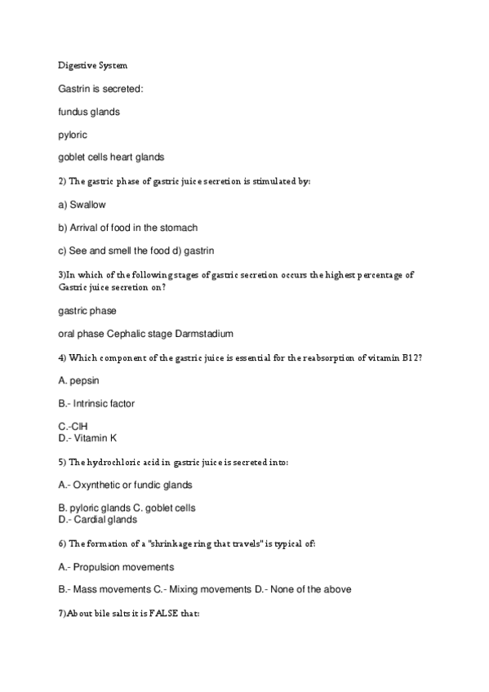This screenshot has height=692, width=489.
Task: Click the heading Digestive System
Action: coord(92,64)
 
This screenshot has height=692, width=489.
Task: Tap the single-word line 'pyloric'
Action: coord(73,135)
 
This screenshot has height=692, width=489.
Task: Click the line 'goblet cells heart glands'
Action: coord(111,157)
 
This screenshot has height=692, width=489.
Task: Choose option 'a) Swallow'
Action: coord(82,205)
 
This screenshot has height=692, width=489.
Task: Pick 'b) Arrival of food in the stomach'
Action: coord(128,228)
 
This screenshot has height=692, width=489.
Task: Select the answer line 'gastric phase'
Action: coord(87,311)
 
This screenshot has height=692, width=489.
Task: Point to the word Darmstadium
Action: coord(204,334)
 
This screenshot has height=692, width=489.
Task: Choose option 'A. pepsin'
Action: coord(80,380)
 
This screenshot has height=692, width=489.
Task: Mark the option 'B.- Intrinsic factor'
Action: coord(96,403)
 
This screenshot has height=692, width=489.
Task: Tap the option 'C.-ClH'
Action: coord(73,427)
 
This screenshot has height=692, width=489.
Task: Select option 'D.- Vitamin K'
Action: coord(87,437)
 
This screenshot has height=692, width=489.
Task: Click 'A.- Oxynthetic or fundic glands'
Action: coord(125,485)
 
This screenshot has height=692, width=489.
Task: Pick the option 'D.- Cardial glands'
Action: coord(98,519)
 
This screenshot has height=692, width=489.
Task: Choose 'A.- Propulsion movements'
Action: coord(116,566)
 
